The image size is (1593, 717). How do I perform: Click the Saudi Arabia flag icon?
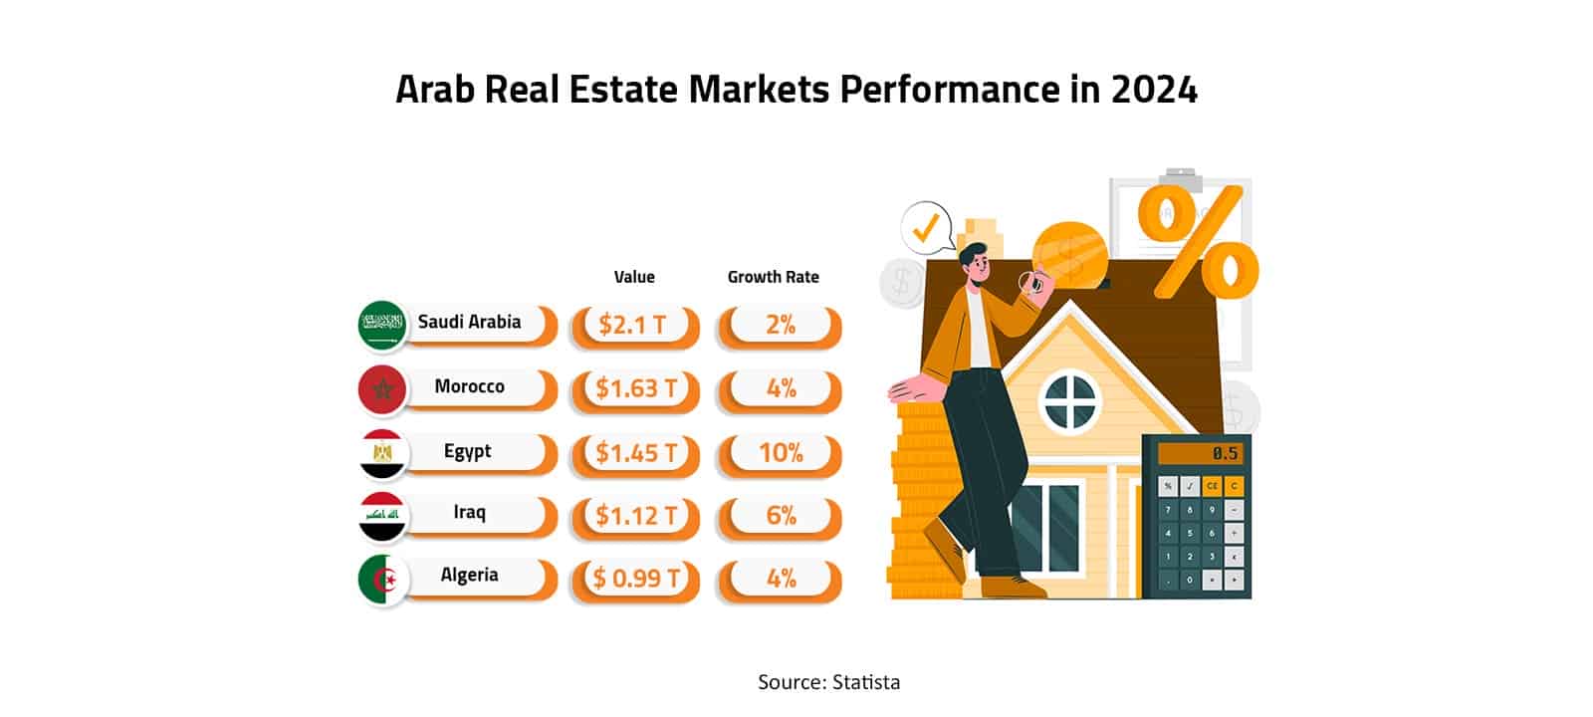click(382, 325)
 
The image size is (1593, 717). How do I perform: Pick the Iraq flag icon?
click(382, 516)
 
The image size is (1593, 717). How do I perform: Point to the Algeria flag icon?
click(382, 580)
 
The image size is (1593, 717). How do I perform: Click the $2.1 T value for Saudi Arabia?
click(634, 325)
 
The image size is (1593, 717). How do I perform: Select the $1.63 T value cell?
click(635, 388)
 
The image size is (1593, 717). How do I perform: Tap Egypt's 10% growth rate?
click(780, 453)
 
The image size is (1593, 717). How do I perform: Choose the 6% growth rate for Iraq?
click(780, 516)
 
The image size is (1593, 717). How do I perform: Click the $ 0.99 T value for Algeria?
click(635, 579)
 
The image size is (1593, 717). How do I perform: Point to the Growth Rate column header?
click(773, 277)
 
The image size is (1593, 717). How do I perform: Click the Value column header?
click(634, 277)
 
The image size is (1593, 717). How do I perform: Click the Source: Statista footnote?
click(828, 682)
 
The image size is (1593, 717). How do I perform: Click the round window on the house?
click(1071, 399)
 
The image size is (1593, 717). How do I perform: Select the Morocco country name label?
click(469, 386)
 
